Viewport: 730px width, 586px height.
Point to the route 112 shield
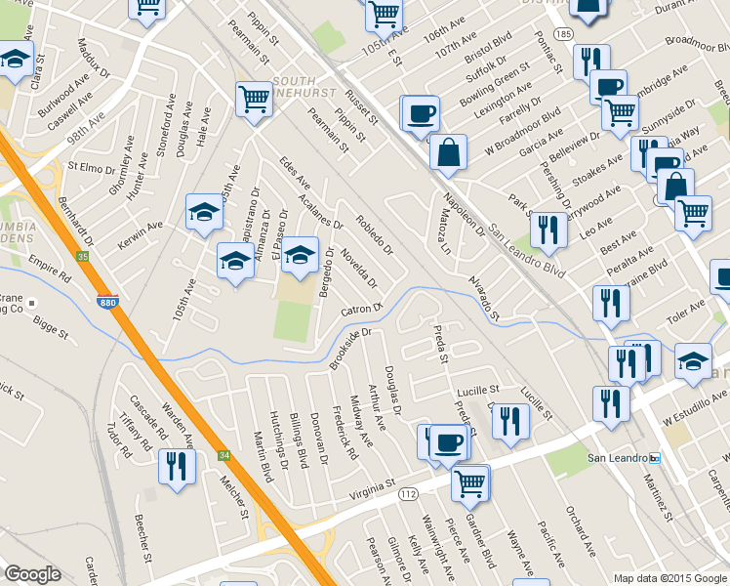[409, 495]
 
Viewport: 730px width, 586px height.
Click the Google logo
[32, 574]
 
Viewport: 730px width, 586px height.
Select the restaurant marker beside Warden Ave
[177, 465]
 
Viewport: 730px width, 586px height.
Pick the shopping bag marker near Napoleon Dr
[447, 153]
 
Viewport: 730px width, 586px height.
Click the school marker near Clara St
[16, 61]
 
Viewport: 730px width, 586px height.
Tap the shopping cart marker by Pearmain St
[254, 99]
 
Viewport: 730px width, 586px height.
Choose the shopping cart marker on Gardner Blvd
[470, 481]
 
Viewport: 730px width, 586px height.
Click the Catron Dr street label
[361, 310]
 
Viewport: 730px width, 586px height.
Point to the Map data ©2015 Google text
[669, 577]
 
